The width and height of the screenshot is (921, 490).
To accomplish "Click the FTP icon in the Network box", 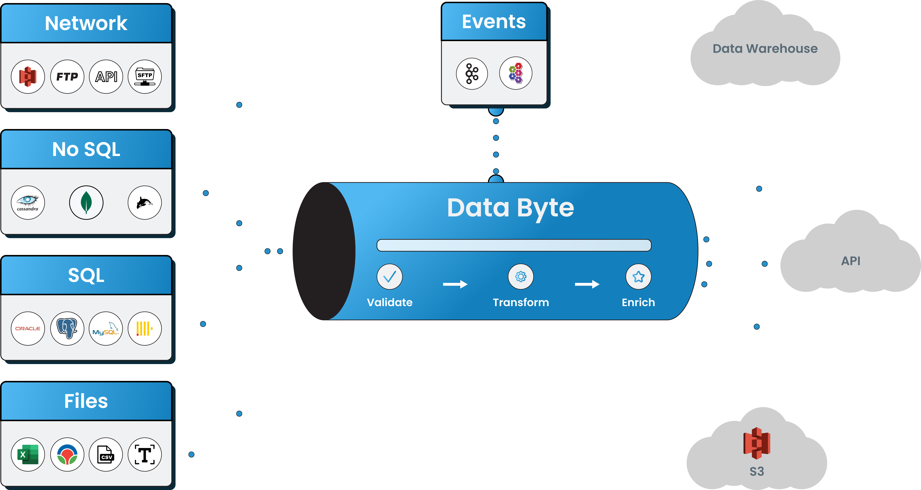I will tap(67, 77).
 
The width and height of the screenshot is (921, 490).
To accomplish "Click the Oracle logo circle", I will tap(28, 328).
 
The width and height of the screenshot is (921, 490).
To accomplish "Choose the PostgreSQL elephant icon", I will tap(67, 328).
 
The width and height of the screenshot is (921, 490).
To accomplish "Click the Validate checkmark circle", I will tap(389, 277).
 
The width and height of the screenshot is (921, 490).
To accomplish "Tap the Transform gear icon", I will tap(521, 277).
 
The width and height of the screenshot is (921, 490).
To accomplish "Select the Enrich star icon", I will tap(638, 277).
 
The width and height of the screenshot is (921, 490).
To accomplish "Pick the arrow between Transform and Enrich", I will tap(587, 284).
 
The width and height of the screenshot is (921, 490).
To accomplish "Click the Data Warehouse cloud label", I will tap(765, 48).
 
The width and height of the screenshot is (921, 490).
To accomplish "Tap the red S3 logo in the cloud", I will tap(757, 443).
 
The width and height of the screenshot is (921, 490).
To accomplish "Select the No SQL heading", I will tap(86, 149).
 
